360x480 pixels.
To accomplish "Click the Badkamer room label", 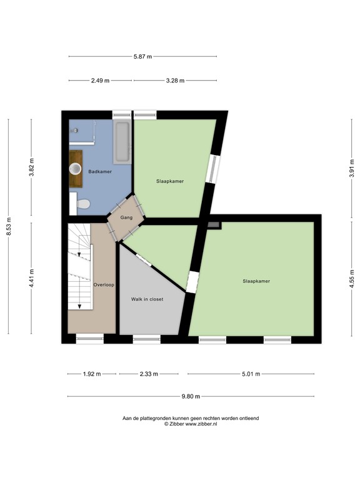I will (100, 171).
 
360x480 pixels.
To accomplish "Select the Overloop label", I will (104, 284).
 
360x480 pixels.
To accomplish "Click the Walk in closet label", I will (147, 299).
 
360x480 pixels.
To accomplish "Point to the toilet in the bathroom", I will (82, 203).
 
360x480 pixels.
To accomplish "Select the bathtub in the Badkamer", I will (122, 142).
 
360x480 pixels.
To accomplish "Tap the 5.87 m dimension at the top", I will (143, 57).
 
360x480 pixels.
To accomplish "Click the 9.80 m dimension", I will (191, 396).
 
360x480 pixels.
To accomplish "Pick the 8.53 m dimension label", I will (9, 226).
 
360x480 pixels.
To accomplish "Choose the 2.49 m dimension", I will (100, 81).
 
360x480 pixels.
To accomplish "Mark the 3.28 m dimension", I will (176, 81).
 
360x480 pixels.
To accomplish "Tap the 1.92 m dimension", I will (92, 374).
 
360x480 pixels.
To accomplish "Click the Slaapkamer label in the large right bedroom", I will (256, 281).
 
